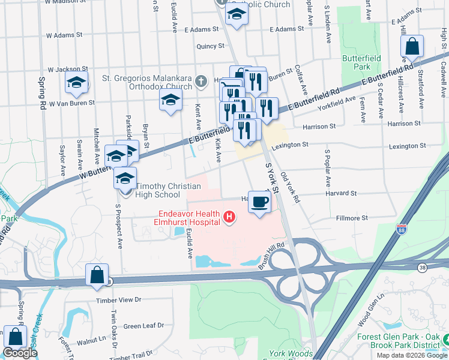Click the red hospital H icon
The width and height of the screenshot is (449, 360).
point(228,217)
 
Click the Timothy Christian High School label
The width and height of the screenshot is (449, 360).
point(159,191)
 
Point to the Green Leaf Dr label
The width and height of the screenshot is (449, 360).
point(143,326)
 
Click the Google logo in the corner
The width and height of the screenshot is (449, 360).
point(20,353)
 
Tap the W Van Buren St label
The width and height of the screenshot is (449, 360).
point(71,103)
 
